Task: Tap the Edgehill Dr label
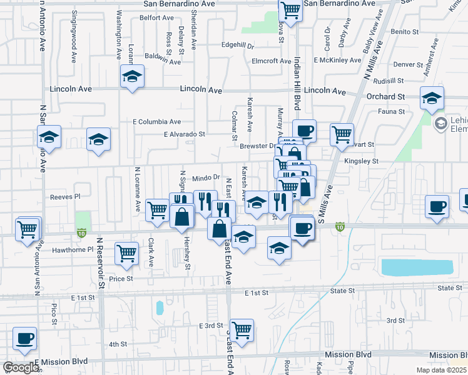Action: coord(238,46)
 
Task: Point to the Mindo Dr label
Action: coord(206,178)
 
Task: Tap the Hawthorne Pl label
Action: coord(73,249)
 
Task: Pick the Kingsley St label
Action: coord(362,161)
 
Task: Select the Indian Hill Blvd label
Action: coord(298,78)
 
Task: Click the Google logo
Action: coord(21,367)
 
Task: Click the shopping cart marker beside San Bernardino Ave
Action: coord(290,10)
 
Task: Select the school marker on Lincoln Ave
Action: coord(132,77)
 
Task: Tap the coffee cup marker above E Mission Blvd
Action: coord(24,339)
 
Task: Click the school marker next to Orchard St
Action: coord(432,99)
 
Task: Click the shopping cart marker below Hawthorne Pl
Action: coord(126,253)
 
